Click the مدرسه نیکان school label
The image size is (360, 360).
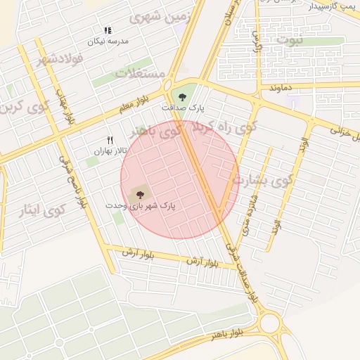point(108,41)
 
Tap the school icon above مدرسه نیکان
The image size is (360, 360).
point(108,30)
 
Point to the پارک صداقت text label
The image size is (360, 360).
point(183,108)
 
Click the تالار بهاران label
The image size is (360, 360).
point(111,150)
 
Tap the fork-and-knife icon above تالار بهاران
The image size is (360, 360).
point(109,140)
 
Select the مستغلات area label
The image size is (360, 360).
point(140,73)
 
